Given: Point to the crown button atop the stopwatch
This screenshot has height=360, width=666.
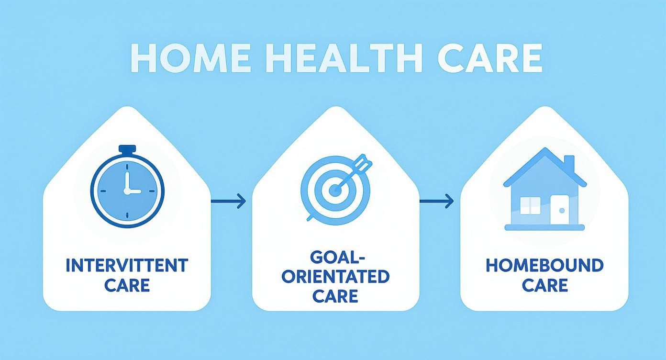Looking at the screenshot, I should (x=127, y=149).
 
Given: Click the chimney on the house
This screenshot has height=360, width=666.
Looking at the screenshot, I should (x=569, y=163).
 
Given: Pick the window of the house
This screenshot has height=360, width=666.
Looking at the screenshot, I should (x=530, y=205).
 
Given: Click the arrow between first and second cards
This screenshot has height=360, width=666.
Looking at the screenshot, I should (x=228, y=202).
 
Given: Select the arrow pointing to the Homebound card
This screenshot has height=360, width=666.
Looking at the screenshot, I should (x=436, y=202).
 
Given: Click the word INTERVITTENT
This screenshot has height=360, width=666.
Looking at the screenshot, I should (x=127, y=265).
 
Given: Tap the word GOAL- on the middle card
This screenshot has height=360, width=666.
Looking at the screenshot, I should (x=335, y=257).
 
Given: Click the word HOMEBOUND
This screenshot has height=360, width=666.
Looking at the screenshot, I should (x=544, y=265).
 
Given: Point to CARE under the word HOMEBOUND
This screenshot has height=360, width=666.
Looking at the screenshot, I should (x=544, y=285).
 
